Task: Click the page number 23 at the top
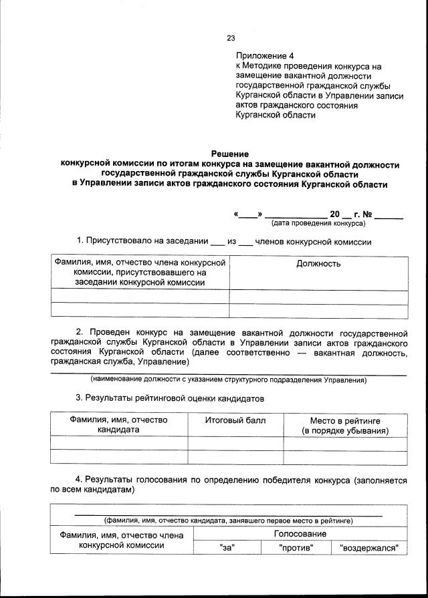(231, 38)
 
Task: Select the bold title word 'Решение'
(230, 154)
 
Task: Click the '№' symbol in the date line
(367, 214)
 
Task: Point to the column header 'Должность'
(318, 263)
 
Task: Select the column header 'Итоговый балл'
(235, 420)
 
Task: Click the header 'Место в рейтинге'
(344, 420)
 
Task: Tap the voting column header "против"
(296, 548)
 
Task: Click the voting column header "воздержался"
(369, 548)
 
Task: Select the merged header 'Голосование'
(300, 534)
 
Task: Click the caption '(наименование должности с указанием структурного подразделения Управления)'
(229, 380)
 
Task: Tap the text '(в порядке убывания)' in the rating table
(344, 431)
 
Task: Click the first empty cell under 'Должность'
(318, 297)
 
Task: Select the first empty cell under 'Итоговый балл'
(235, 443)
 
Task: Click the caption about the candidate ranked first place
(228, 520)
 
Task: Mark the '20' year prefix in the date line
(334, 214)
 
